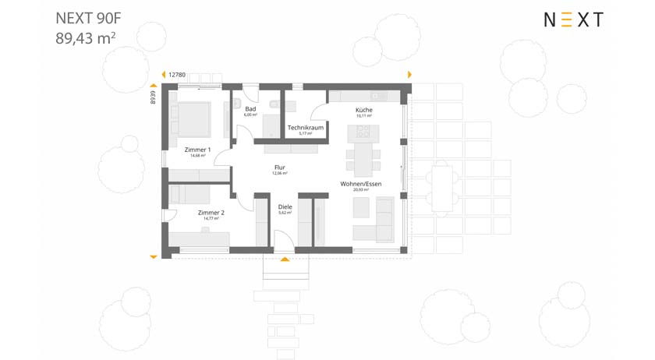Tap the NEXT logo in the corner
[573, 21]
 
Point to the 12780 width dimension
[176, 75]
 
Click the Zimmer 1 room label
[198, 150]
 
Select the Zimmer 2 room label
[211, 213]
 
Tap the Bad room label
[250, 110]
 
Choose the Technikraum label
[305, 127]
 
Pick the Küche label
[363, 111]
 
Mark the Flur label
[280, 168]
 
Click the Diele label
[285, 206]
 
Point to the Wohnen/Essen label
[359, 185]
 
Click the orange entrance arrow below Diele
[285, 258]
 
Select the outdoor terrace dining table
[444, 187]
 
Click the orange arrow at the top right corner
[409, 74]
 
